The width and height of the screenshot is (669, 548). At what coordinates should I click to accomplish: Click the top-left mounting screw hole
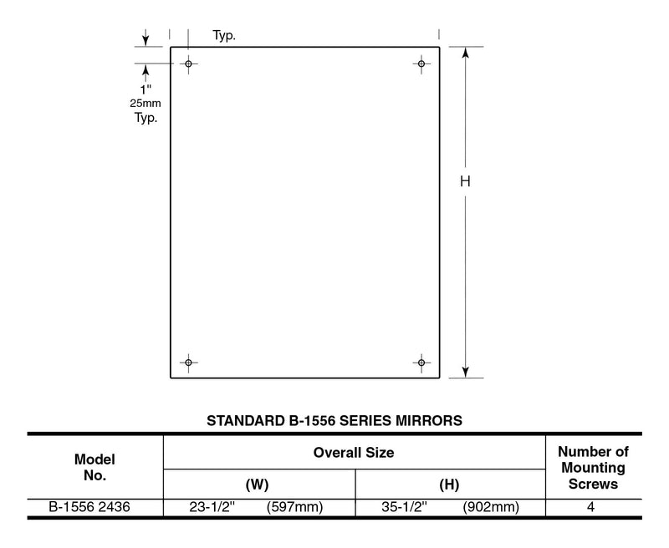[x=189, y=64]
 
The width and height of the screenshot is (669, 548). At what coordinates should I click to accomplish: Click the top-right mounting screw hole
[x=421, y=64]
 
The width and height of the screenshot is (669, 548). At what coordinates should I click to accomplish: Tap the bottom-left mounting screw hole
[x=189, y=363]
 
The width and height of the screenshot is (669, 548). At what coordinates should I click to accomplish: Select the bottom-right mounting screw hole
[x=421, y=363]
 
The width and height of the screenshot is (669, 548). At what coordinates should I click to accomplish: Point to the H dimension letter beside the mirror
[x=465, y=181]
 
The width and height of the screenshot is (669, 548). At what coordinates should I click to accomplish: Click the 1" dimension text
[x=146, y=89]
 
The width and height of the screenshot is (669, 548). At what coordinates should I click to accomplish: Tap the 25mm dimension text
[x=146, y=103]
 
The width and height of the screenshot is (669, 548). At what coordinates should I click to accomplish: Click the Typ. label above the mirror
[x=224, y=35]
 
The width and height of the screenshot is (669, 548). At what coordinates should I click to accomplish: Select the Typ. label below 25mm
[x=146, y=118]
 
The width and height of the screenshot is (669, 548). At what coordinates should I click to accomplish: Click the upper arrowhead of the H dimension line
[x=466, y=53]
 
